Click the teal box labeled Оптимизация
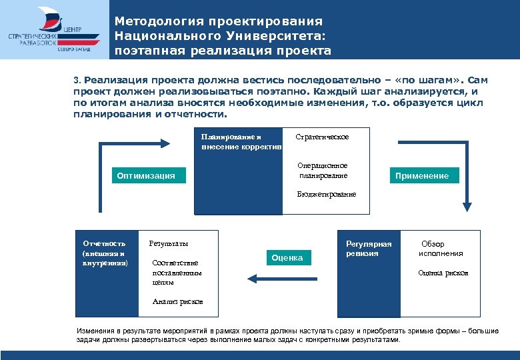click(x=146, y=176)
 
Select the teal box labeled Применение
click(x=421, y=176)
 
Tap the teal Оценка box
click(x=287, y=257)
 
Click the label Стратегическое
click(x=322, y=137)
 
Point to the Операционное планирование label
click(x=323, y=171)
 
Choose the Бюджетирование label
click(x=327, y=194)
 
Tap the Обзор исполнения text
click(x=441, y=249)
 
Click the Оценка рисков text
click(x=443, y=273)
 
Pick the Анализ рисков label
click(x=177, y=302)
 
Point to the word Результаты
click(x=168, y=243)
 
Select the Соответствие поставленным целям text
click(x=177, y=273)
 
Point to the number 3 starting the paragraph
click(x=76, y=79)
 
